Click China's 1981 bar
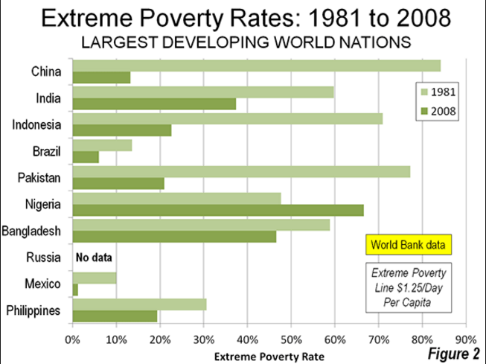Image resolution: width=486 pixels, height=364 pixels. (256, 66)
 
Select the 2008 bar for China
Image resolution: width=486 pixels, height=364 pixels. (101, 77)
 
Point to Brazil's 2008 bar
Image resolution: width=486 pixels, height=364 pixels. (86, 157)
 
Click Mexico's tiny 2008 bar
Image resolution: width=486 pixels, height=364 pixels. (75, 290)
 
